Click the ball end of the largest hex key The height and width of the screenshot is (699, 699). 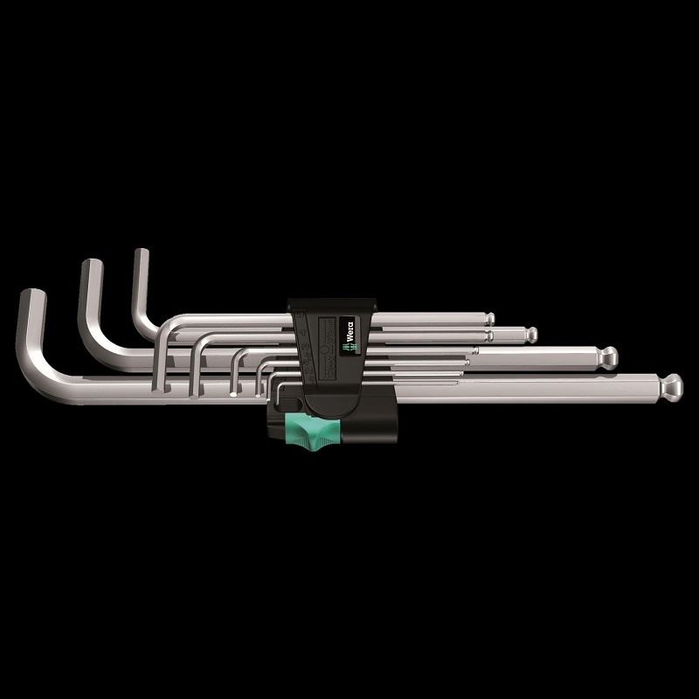[671, 384]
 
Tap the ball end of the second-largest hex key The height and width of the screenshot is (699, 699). [609, 356]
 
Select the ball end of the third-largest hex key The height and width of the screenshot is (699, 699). [531, 334]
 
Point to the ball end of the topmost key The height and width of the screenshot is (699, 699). [490, 318]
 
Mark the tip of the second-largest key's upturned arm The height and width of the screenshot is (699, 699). [91, 266]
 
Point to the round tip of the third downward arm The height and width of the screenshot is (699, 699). [233, 394]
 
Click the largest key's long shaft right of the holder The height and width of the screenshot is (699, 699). [524, 386]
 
